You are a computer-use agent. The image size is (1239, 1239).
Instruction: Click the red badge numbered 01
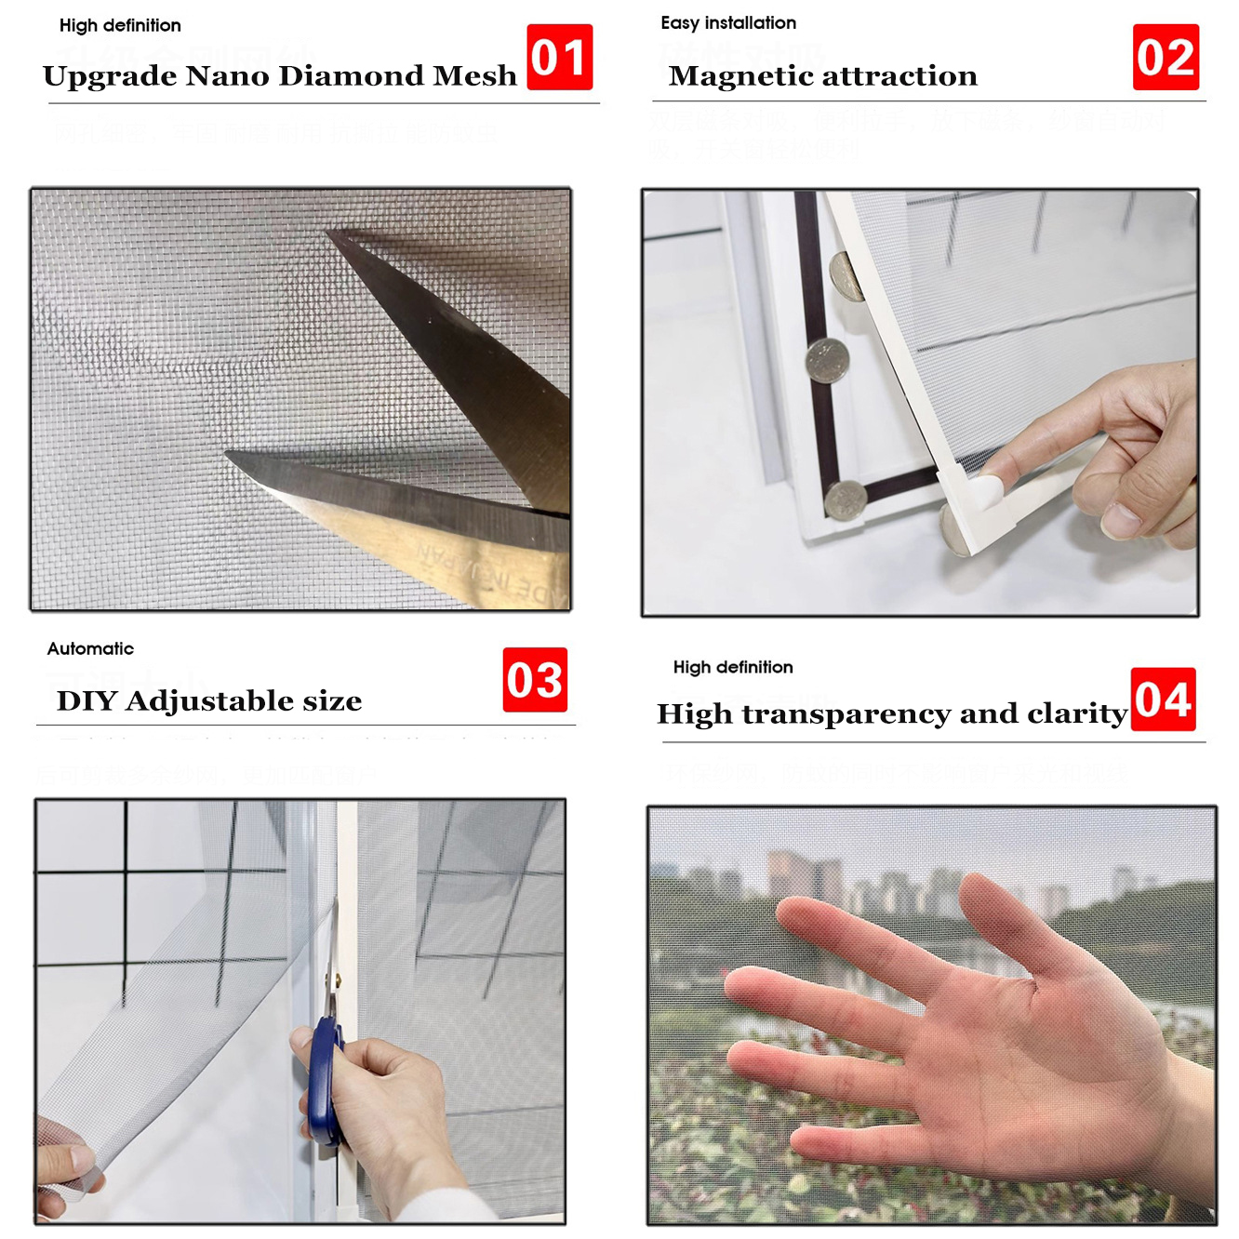coord(559,57)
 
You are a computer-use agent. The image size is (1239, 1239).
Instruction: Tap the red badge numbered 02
coord(1165,57)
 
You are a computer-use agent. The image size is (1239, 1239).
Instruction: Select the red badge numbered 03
coord(535,680)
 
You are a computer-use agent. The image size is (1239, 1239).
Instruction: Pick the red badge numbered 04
coord(1163,699)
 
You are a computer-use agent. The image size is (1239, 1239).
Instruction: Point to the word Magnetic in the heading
coord(734,75)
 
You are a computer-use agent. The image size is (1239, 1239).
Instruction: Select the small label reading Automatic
coord(90,648)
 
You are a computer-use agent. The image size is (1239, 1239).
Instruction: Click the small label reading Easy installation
coord(728,22)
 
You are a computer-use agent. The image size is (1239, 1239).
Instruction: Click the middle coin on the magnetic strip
coord(827,359)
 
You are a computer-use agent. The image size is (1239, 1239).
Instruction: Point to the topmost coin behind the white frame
coord(846,277)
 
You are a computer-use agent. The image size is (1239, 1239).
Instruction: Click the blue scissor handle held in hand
coord(325,1079)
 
